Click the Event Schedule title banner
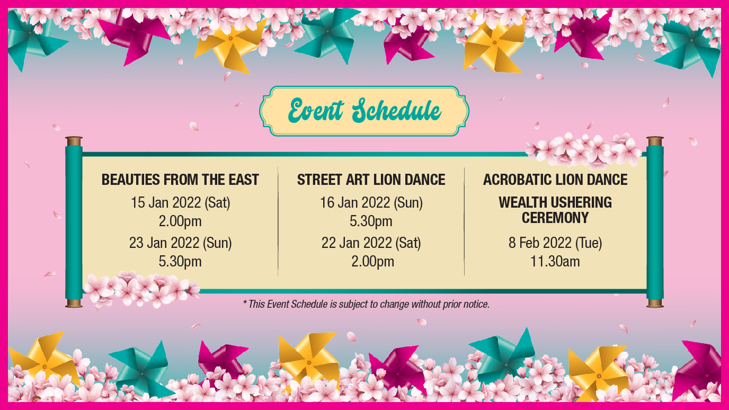(x=364, y=111)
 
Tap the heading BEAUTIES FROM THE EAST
(x=180, y=180)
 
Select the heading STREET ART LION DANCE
(x=371, y=180)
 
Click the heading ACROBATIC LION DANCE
(x=555, y=180)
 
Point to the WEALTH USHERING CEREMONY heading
(x=555, y=210)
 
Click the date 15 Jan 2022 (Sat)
(x=180, y=203)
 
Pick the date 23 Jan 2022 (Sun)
(x=180, y=243)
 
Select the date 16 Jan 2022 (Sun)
(x=371, y=203)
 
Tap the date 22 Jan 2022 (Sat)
(x=371, y=243)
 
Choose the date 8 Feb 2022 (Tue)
(x=555, y=243)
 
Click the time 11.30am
(x=555, y=261)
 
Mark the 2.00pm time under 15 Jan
(x=180, y=221)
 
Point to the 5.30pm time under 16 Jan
(x=371, y=221)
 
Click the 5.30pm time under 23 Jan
(x=180, y=262)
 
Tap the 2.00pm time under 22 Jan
(x=372, y=262)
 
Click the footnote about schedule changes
(x=367, y=304)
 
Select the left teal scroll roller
(x=74, y=222)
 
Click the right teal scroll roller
(x=655, y=222)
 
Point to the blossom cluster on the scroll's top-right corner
(x=583, y=150)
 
